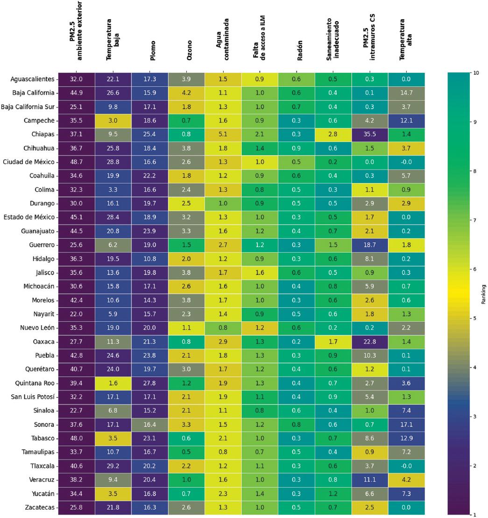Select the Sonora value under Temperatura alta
(x=406, y=425)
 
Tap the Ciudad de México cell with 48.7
(x=76, y=162)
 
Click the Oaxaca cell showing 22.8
(x=369, y=341)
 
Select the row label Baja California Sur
(x=28, y=106)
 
